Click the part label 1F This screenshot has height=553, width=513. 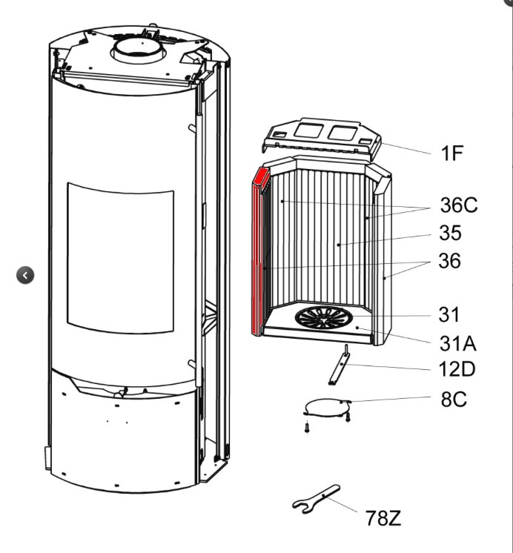[451, 153]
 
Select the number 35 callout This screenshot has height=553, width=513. [450, 234]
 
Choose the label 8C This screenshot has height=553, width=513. [454, 400]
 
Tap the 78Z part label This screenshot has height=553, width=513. [383, 518]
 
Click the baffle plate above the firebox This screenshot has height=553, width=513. [321, 140]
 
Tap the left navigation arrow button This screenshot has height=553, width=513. [25, 275]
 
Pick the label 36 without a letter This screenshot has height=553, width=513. [449, 262]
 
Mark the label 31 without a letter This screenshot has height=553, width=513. [449, 314]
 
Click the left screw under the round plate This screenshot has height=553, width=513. [305, 427]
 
